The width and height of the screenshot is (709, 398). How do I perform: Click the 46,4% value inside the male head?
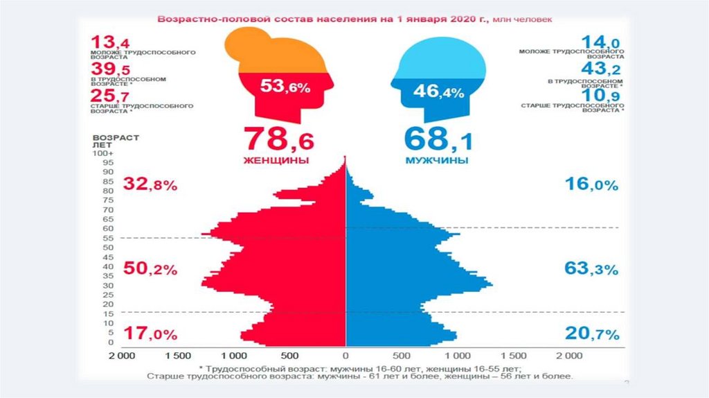(x=438, y=91)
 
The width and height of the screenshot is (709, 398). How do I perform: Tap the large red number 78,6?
(x=278, y=139)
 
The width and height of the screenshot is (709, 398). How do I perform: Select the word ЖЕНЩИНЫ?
(x=276, y=160)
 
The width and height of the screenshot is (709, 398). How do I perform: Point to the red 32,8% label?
(x=150, y=184)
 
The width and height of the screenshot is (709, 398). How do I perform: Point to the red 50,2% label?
(x=150, y=269)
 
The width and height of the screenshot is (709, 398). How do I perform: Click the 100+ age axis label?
(x=104, y=153)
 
